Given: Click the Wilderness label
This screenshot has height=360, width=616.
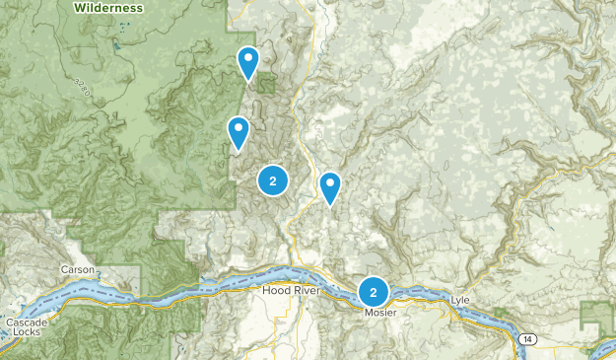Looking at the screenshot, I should [107, 8].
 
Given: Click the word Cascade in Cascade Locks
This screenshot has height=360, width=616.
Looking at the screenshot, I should [19, 323].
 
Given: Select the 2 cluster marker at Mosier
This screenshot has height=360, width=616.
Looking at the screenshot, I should [374, 291].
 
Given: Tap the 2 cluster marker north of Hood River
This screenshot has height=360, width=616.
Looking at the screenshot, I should [273, 180].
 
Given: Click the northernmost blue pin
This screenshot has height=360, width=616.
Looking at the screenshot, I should [248, 62].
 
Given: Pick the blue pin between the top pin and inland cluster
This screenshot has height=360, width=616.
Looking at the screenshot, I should [238, 131].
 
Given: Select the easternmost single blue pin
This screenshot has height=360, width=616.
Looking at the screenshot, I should [330, 185].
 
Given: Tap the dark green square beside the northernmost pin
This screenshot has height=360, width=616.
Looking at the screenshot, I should [266, 83].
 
